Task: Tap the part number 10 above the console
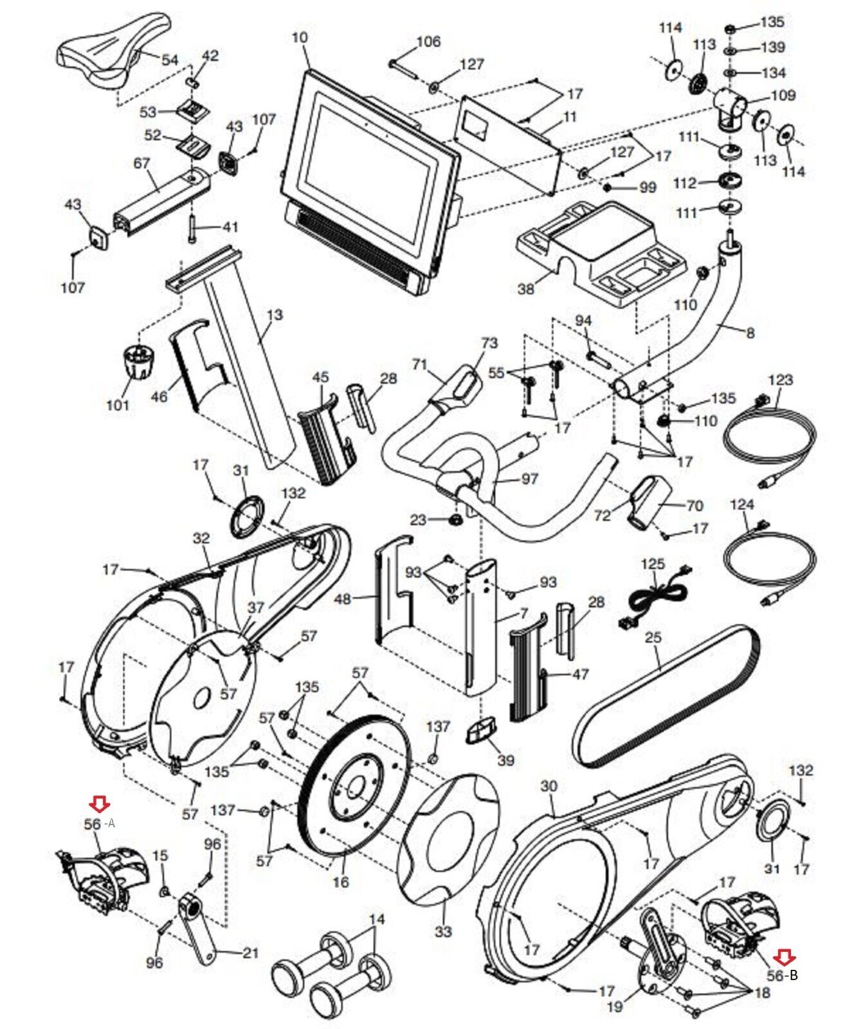click(300, 38)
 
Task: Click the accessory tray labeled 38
click(598, 248)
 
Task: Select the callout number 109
click(783, 96)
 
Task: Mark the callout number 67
click(141, 165)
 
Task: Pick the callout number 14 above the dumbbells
click(377, 920)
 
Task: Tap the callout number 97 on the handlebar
click(530, 479)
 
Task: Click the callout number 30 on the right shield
click(549, 786)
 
